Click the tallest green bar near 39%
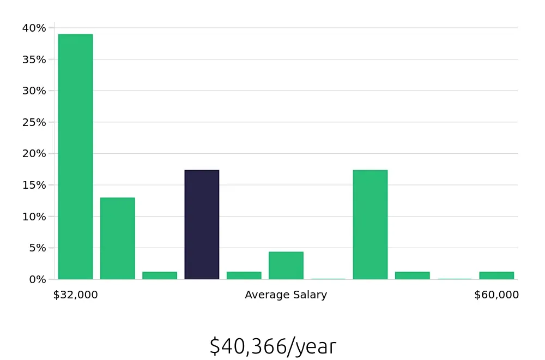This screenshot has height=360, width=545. tap(75, 157)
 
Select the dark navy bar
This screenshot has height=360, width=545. tap(202, 225)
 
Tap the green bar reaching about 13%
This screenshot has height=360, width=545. tap(117, 238)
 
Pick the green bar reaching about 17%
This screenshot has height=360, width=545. tap(370, 225)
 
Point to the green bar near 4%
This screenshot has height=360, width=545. tap(286, 266)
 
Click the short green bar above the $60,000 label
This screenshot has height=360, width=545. tap(496, 275)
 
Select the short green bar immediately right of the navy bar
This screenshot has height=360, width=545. tap(244, 275)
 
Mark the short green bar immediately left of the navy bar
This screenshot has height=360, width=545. tap(160, 275)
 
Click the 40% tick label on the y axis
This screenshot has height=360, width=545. tap(34, 28)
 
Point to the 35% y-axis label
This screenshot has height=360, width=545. tap(34, 59)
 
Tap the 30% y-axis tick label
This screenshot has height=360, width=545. tap(34, 91)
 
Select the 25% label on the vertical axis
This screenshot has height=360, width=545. tap(34, 122)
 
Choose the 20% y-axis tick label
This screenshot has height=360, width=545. tap(34, 153)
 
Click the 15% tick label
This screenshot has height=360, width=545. tap(34, 185)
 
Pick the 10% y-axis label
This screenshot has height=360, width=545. tap(34, 217)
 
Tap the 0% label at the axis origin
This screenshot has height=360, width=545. tap(37, 279)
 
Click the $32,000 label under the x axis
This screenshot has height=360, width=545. tap(75, 295)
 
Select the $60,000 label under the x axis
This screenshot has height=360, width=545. tap(496, 295)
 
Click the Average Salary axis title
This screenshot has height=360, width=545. tap(286, 295)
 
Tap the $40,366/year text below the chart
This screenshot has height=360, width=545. tap(272, 346)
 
